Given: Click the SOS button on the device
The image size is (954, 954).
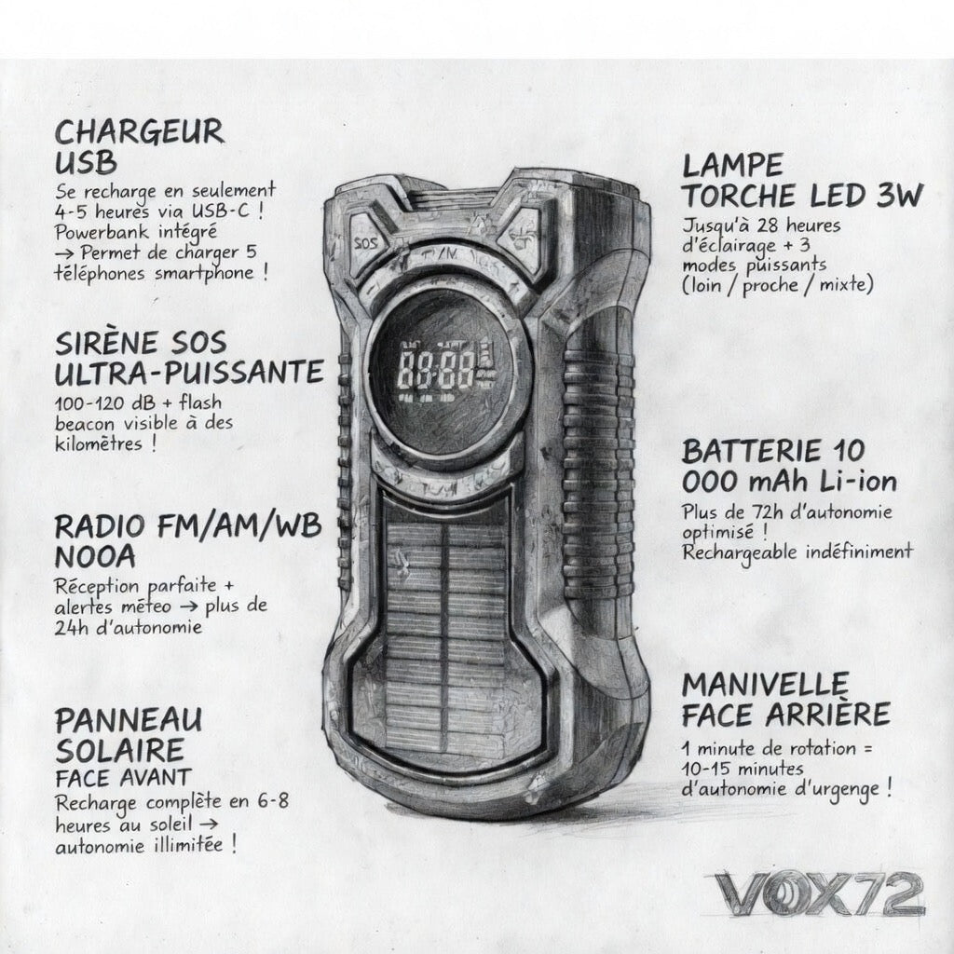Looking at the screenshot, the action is [365, 243].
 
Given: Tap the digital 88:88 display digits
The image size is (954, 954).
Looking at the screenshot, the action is [436, 370].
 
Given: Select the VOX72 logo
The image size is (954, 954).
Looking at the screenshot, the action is [819, 894].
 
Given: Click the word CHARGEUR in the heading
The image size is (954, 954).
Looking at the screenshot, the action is [140, 132].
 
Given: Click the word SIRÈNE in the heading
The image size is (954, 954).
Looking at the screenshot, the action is [105, 343].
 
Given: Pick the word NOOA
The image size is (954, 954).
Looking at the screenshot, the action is [95, 557].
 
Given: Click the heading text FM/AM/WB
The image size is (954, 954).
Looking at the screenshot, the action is [239, 526].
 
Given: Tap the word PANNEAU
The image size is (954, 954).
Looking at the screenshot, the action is [129, 721].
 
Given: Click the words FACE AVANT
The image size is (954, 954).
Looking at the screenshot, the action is [124, 778].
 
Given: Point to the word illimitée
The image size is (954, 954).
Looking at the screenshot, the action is [188, 845].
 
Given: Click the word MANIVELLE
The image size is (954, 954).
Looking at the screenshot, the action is [765, 686].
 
